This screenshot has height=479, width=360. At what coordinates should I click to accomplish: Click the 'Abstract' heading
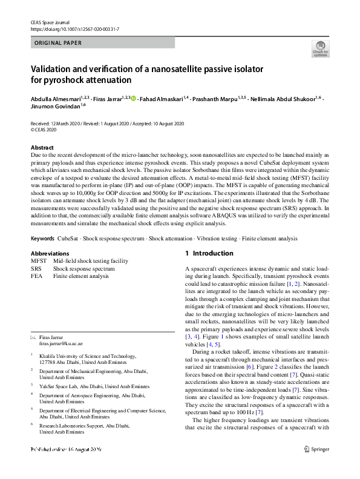coord(42,148)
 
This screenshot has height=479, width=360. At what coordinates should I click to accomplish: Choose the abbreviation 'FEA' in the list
coord(36,275)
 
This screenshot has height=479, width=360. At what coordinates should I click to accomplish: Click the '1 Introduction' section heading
coord(209,253)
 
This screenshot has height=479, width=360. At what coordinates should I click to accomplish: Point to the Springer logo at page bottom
coord(318,467)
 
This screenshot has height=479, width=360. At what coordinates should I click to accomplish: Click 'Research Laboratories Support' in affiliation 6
coord(82,425)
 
